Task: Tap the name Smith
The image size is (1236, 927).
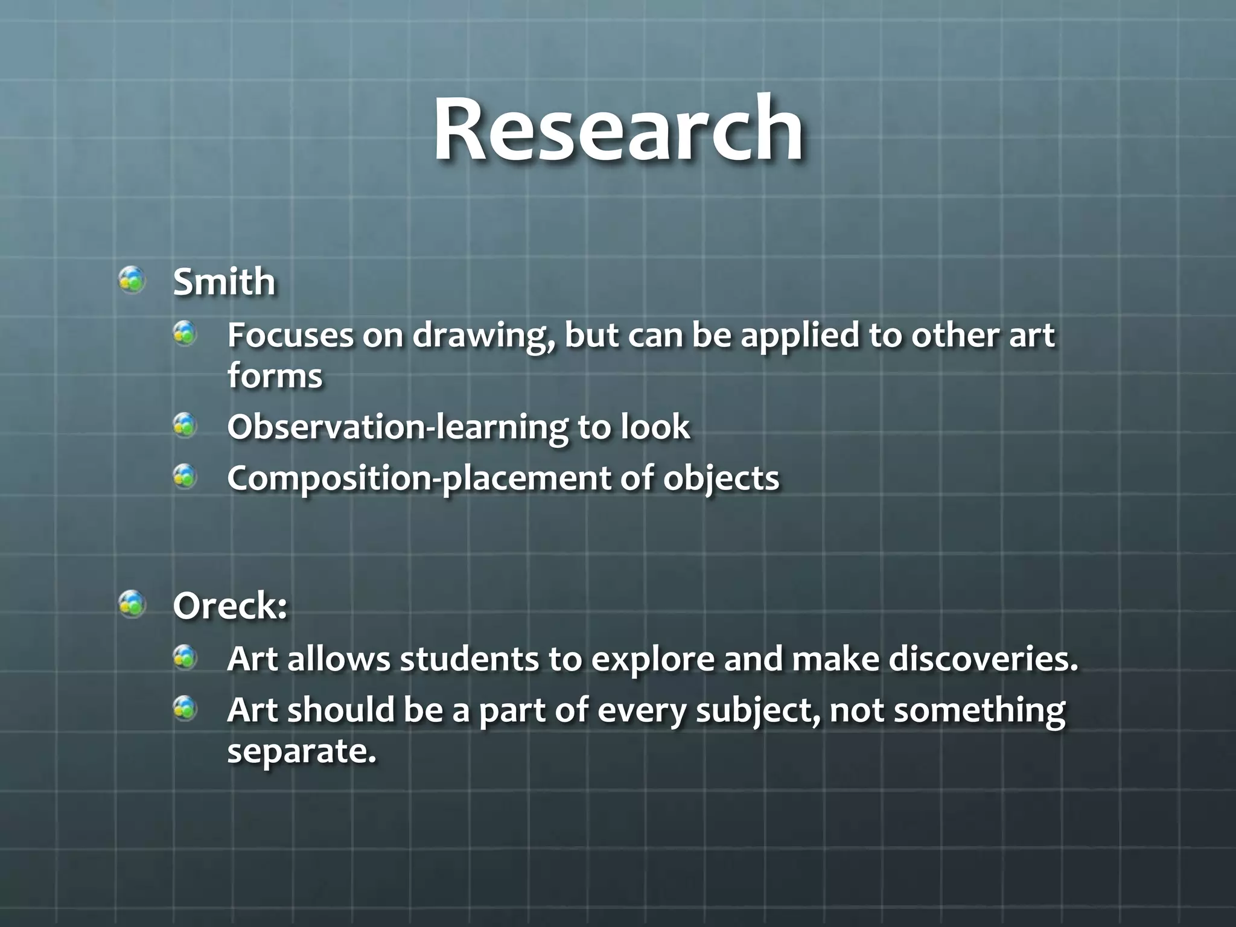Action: tap(224, 282)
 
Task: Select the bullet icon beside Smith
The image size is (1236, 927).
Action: tap(132, 280)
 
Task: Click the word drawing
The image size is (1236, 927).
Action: tap(483, 336)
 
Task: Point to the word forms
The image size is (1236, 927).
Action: tap(275, 376)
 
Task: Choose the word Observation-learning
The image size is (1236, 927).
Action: tap(397, 427)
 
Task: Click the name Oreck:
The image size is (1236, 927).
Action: tap(230, 606)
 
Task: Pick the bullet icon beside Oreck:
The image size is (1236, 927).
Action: tap(132, 604)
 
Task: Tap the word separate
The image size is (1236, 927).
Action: tap(301, 751)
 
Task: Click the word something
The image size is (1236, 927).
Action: tap(979, 711)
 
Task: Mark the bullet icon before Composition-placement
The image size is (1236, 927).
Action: tap(185, 477)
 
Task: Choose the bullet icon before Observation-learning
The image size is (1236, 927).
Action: tap(185, 425)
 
